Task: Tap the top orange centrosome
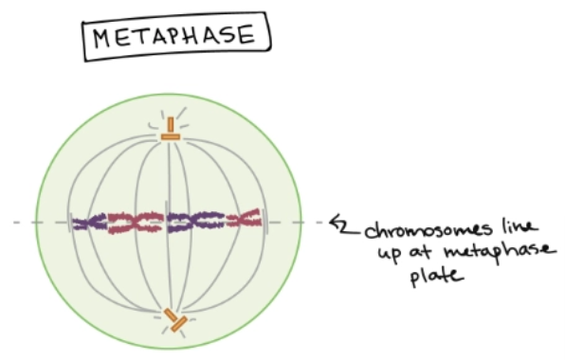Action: [171, 131]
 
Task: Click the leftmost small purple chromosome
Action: [89, 224]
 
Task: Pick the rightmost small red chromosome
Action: [245, 221]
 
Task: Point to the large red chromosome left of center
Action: [133, 224]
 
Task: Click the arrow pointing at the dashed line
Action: [338, 224]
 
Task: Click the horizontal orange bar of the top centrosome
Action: [171, 137]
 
